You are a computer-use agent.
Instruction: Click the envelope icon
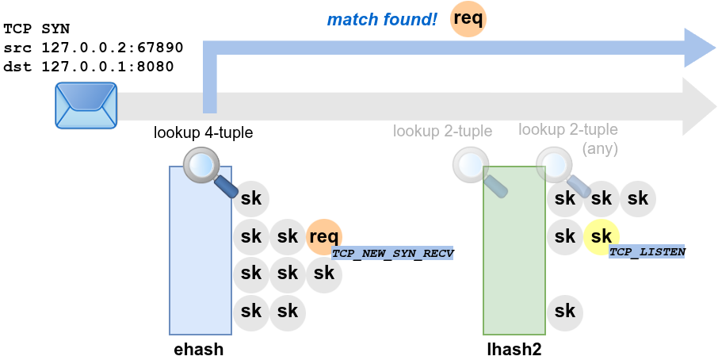coord(86,105)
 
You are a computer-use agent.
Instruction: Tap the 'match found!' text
coord(382,19)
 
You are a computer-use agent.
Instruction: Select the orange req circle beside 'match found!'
coord(468,19)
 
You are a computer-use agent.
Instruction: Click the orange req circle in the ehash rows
coord(324,236)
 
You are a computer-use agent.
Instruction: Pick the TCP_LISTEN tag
coord(647,251)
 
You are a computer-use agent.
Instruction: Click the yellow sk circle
coord(602,236)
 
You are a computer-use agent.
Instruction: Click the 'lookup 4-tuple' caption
coord(203,133)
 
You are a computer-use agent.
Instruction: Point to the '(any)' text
coord(600,148)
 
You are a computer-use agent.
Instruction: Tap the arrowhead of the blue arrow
coord(700,48)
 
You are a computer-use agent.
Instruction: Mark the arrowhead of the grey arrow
coord(700,106)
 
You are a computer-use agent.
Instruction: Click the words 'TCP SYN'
coord(36,29)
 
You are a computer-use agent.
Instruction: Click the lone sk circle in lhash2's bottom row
coord(565,311)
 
